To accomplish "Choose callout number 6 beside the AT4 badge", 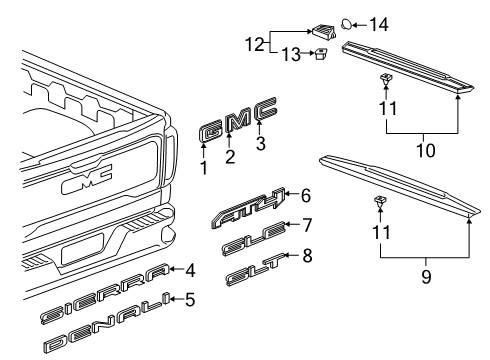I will point(306,196).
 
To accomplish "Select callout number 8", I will point(307,255).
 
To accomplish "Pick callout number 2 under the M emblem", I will point(229,156).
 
